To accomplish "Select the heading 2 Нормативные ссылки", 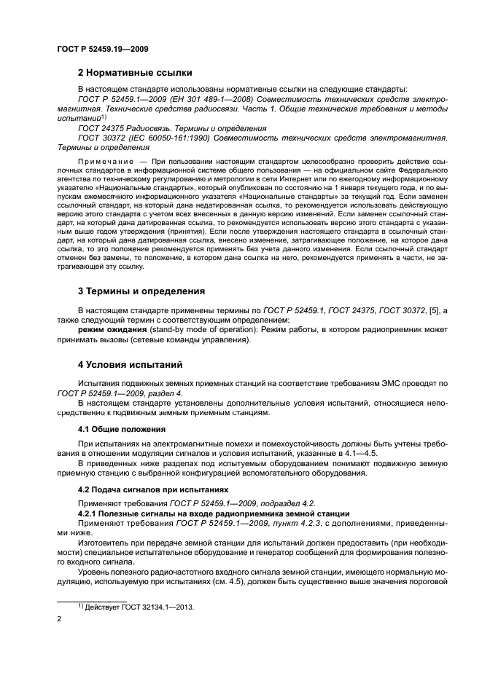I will (135, 73).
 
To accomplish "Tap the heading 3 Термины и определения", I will (141, 291).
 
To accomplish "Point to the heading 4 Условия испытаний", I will (131, 363).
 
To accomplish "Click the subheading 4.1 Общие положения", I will (114, 430).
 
